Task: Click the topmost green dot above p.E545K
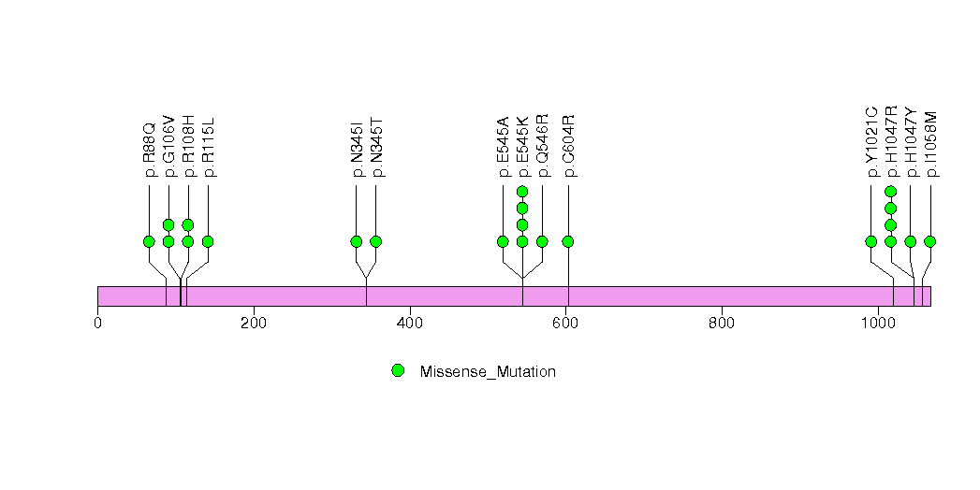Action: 522,192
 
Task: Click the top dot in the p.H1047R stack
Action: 891,192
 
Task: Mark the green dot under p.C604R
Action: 568,241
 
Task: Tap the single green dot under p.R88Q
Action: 149,241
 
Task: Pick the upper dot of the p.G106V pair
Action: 168,224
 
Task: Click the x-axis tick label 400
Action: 410,324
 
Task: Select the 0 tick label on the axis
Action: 98,324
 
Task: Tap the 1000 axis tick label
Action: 878,324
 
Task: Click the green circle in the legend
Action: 398,371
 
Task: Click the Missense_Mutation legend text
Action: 488,371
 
